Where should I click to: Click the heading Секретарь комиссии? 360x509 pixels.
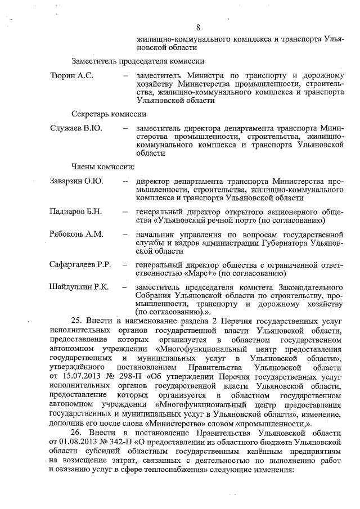109,113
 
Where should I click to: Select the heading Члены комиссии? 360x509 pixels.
102,166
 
